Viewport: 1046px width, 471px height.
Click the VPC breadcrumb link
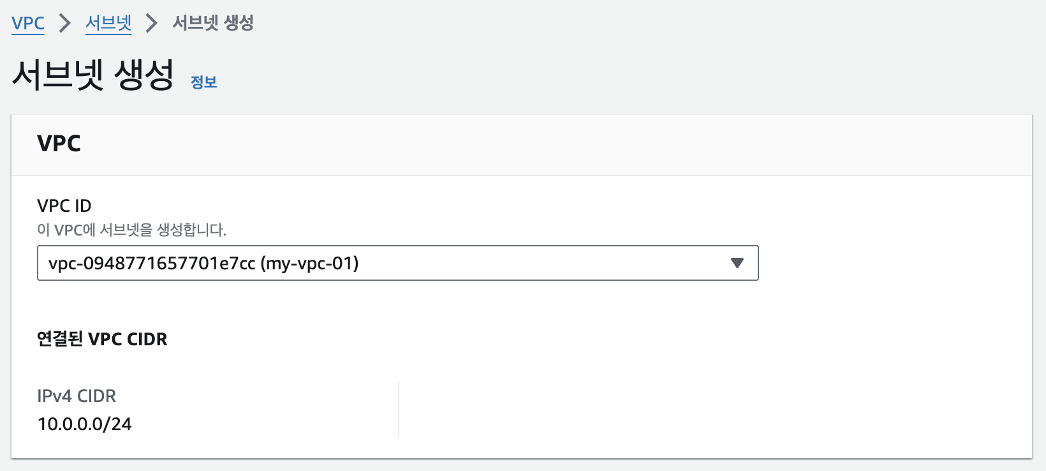coord(28,23)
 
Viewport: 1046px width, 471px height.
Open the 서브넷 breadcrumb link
coord(108,23)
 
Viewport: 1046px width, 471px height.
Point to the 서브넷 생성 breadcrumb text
coord(213,23)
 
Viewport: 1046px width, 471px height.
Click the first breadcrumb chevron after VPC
coord(65,23)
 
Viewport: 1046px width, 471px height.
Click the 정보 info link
coord(203,82)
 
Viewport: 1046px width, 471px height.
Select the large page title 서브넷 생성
coord(93,74)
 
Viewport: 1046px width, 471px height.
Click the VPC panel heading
coord(59,143)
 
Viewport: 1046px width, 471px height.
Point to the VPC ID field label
coord(64,206)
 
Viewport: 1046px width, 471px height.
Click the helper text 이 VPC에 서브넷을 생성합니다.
coord(131,230)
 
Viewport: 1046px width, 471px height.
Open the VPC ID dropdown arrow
coord(737,263)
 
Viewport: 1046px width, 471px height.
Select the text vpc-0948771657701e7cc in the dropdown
coord(152,264)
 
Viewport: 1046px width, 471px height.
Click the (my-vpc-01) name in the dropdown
coord(309,264)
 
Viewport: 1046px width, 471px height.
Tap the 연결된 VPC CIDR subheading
coord(102,340)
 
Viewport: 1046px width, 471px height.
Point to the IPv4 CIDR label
coord(77,396)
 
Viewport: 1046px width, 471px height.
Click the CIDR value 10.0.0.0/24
coord(85,424)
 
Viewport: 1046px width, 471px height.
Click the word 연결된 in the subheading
coord(60,340)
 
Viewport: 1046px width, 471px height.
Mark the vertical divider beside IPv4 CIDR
coord(399,410)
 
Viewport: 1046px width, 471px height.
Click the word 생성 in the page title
coord(144,74)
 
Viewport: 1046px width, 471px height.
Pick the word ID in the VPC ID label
coord(83,206)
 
